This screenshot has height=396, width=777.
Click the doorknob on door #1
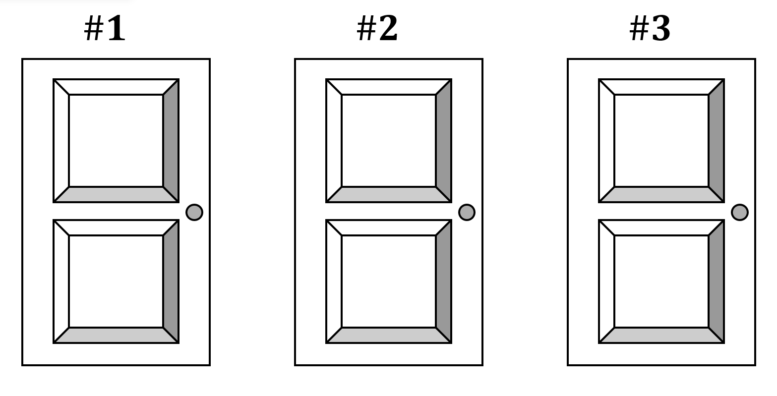click(194, 212)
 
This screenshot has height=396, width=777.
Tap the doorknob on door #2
click(467, 212)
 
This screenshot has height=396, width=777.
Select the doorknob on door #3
click(739, 212)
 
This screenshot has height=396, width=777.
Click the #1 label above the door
click(105, 28)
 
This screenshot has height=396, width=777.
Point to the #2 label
click(377, 28)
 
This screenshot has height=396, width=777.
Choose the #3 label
click(650, 28)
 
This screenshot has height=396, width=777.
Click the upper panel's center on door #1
click(116, 141)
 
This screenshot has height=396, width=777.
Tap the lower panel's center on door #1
click(116, 281)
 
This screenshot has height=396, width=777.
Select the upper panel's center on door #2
click(389, 141)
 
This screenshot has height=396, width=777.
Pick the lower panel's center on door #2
click(389, 281)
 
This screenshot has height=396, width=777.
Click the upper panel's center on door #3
click(661, 141)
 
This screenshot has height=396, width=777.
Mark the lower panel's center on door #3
click(661, 281)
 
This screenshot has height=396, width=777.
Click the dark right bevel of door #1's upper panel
click(171, 141)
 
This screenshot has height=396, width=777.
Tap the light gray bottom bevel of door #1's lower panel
click(116, 336)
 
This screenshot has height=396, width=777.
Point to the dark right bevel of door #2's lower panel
click(444, 281)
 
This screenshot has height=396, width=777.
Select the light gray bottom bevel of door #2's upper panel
click(389, 195)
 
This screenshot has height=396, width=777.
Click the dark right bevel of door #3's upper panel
click(717, 141)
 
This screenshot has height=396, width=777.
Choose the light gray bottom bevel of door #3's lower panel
click(661, 336)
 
